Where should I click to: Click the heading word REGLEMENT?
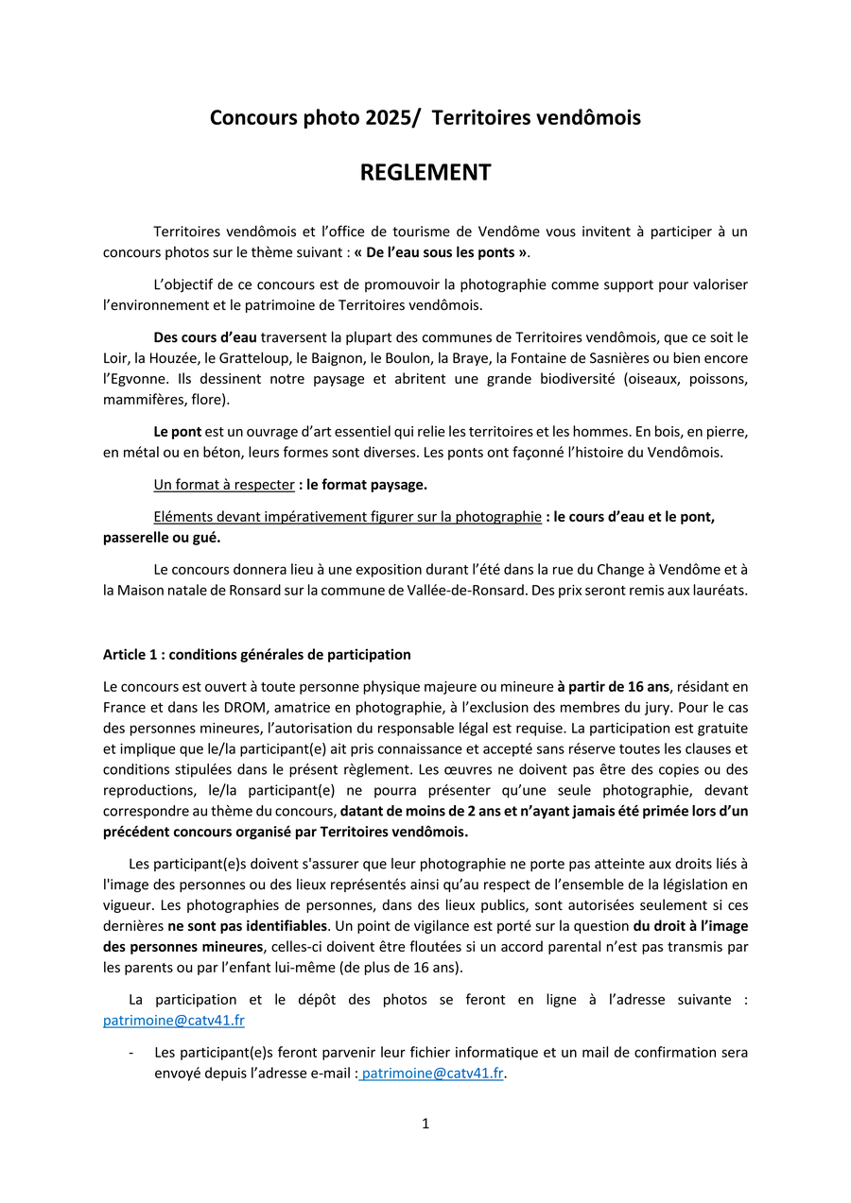[425, 173]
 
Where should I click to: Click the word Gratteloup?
[254, 358]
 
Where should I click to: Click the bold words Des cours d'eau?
[205, 337]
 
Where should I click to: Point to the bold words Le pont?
[177, 432]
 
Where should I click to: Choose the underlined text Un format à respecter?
[224, 485]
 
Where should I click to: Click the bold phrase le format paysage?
[367, 485]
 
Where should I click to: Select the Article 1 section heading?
[257, 655]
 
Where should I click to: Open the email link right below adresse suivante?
[174, 1021]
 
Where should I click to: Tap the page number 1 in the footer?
[425, 1124]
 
